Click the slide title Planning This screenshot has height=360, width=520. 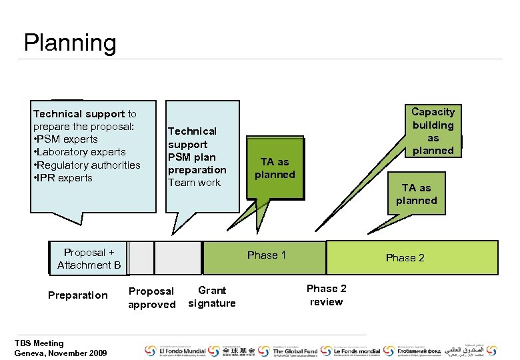(70, 43)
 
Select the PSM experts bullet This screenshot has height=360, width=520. (67, 139)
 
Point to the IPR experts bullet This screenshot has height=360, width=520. (65, 178)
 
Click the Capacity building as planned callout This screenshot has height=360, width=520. (433, 131)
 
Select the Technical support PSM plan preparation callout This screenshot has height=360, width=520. (197, 157)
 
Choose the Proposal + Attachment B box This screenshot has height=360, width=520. (89, 259)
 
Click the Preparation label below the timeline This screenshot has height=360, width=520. (78, 295)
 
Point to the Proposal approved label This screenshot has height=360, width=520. (152, 298)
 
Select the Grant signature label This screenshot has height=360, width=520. (212, 297)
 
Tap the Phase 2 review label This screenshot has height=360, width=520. (326, 295)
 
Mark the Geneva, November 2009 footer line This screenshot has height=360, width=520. (60, 353)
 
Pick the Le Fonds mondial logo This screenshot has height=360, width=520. (353, 351)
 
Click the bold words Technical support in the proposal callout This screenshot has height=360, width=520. (79, 114)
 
